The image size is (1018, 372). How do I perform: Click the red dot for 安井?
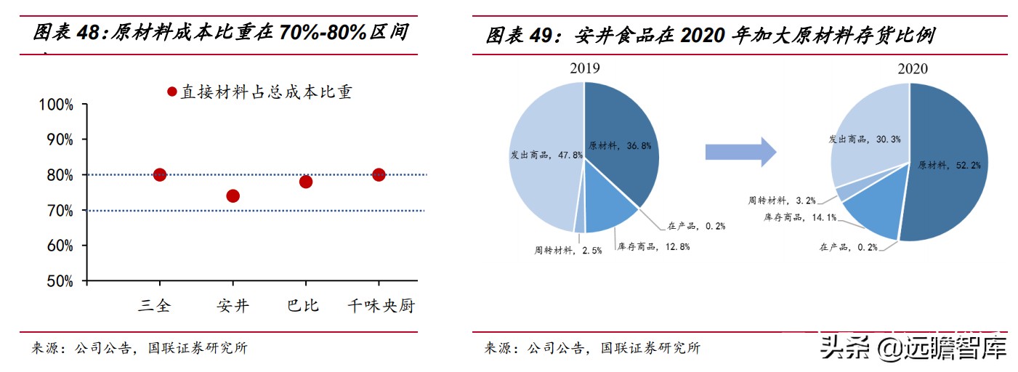point(233,195)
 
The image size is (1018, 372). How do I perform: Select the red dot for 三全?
point(160,174)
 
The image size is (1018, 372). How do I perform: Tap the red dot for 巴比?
point(305,181)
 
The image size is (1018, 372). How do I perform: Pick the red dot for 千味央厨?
point(378,174)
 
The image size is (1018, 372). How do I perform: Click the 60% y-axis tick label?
point(56,246)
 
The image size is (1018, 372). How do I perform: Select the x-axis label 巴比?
point(303,306)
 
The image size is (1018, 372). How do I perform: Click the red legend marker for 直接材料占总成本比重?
point(172,92)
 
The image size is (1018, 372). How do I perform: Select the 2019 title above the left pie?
point(584,68)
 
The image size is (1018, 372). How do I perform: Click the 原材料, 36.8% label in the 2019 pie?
point(620,145)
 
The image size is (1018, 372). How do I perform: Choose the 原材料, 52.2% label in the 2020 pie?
point(949,166)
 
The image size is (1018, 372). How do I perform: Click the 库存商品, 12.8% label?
point(653,246)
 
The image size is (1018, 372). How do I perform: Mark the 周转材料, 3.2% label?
point(782,200)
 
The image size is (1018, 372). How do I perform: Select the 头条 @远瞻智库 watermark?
point(913,348)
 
